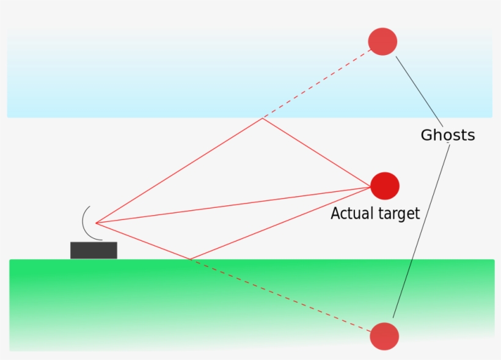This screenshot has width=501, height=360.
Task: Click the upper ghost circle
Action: [x=382, y=42]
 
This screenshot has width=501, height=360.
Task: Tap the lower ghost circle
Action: [x=384, y=336]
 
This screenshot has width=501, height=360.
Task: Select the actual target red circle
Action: [x=385, y=186]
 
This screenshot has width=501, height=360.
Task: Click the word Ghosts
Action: [x=447, y=135]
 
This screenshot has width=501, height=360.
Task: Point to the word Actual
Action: [x=351, y=214]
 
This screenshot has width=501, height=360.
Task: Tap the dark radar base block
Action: [x=93, y=250]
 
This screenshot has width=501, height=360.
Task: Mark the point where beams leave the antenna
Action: [x=97, y=223]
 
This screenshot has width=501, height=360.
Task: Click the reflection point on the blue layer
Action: [x=262, y=118]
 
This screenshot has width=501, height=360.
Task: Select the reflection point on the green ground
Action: [x=190, y=259]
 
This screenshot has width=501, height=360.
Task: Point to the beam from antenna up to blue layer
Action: [x=179, y=171]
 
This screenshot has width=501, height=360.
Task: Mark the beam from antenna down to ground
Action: [x=143, y=241]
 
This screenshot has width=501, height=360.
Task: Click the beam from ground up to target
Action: [x=281, y=222]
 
